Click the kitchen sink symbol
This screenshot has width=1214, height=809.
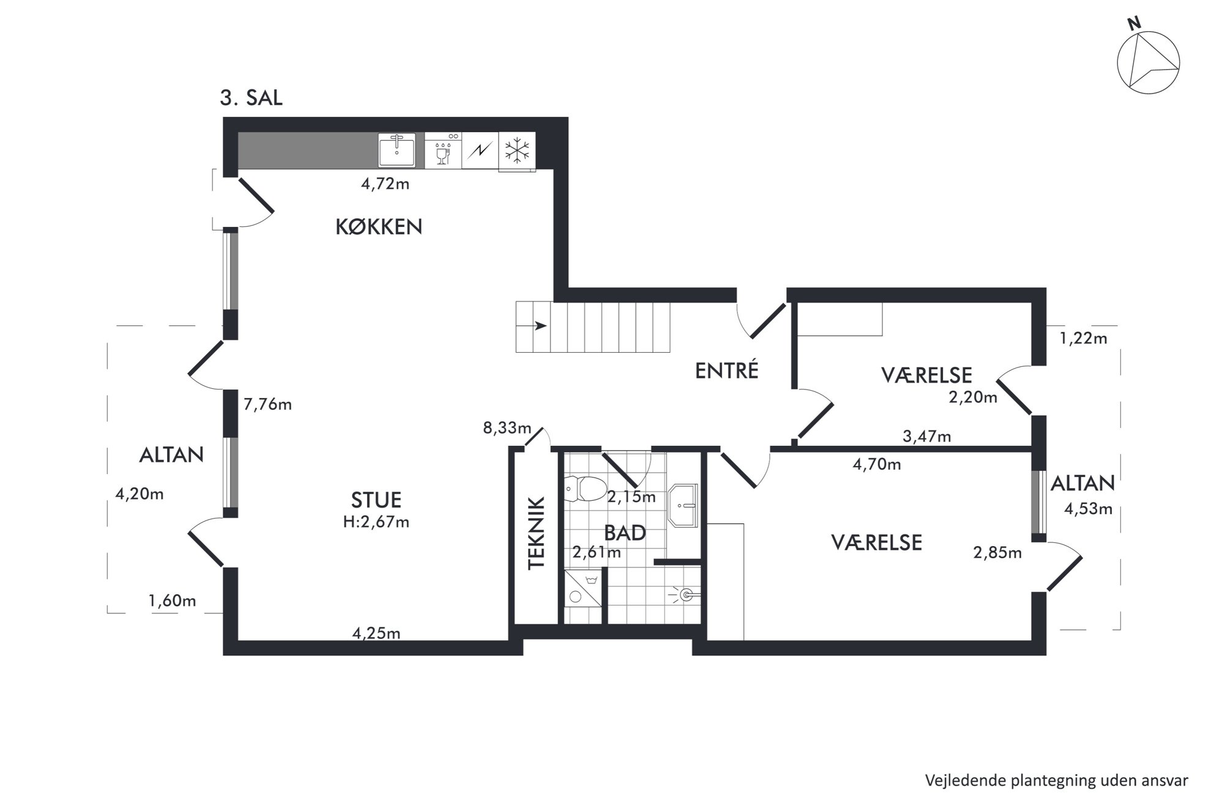(397, 150)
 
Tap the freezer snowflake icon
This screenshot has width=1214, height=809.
(517, 150)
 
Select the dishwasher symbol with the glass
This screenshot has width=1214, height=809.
(443, 150)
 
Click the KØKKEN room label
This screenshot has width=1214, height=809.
(379, 227)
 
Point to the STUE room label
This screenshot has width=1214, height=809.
(376, 500)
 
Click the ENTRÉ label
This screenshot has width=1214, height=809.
(726, 370)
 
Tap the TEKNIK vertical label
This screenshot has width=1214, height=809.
(536, 533)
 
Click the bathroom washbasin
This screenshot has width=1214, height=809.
(683, 506)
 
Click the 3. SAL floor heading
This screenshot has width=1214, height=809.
(251, 98)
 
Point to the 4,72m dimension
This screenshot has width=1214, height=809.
(385, 183)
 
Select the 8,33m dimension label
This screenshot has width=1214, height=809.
(507, 427)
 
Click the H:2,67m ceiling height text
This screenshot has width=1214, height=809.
(376, 522)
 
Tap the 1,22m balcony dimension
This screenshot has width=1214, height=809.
(1083, 338)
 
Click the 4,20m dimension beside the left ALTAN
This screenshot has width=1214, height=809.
(140, 493)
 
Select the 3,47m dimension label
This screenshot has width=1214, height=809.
(927, 436)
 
